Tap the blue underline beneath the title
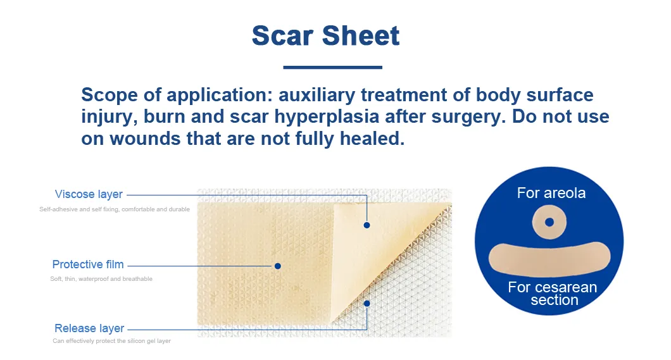pyautogui.click(x=332, y=66)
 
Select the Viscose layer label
pyautogui.click(x=89, y=194)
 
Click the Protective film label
pyautogui.click(x=88, y=264)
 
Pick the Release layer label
pyautogui.click(x=89, y=328)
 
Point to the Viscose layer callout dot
pyautogui.click(x=367, y=225)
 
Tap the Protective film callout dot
pyautogui.click(x=277, y=266)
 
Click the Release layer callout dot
pyautogui.click(x=367, y=303)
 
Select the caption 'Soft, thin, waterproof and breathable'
pyautogui.click(x=101, y=279)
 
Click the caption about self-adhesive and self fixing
pyautogui.click(x=115, y=209)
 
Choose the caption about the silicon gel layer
pyautogui.click(x=111, y=341)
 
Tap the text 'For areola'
pyautogui.click(x=551, y=193)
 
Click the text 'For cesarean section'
pyautogui.click(x=553, y=294)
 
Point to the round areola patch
pyautogui.click(x=549, y=222)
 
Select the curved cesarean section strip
pyautogui.click(x=549, y=259)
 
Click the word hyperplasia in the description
pyautogui.click(x=356, y=117)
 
